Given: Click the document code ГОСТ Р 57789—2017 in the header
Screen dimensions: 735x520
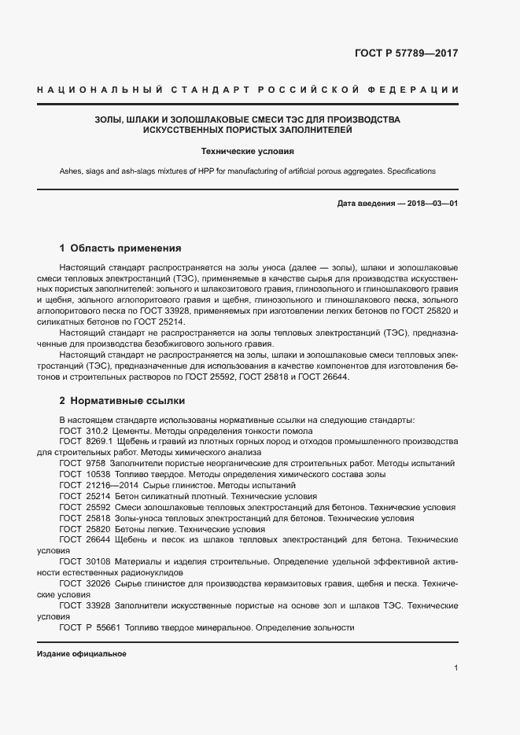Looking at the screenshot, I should point(406,54).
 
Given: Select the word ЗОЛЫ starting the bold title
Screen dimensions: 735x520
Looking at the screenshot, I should point(107,119).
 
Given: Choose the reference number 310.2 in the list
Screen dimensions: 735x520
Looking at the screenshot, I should point(96,431).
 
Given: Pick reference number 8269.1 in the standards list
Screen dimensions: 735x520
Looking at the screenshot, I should point(99,442).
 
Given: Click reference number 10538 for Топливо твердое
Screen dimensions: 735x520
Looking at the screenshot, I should point(98,475).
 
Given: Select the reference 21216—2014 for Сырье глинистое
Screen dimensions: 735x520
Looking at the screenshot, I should point(111,486).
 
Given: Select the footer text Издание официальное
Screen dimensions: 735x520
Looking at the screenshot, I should point(82,653).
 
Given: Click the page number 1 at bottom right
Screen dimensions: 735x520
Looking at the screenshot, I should point(456,667).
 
